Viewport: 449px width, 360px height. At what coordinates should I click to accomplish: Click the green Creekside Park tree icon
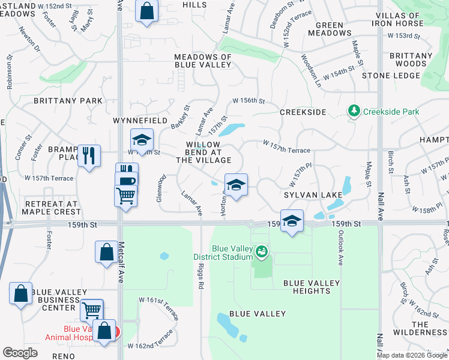pyautogui.click(x=354, y=112)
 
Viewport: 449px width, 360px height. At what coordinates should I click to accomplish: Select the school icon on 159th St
pyautogui.click(x=292, y=221)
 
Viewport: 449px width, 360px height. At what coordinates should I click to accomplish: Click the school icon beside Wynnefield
pyautogui.click(x=142, y=140)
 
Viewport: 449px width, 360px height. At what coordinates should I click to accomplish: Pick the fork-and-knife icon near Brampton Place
pyautogui.click(x=89, y=155)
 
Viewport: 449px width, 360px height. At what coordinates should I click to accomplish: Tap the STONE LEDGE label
pyautogui.click(x=391, y=76)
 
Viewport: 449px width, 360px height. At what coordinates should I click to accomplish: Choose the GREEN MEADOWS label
pyautogui.click(x=330, y=29)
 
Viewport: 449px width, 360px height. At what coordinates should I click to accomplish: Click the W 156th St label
pyautogui.click(x=249, y=101)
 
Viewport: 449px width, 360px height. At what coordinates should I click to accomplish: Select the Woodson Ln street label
pyautogui.click(x=312, y=70)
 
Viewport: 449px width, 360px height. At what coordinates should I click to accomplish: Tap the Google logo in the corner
pyautogui.click(x=20, y=353)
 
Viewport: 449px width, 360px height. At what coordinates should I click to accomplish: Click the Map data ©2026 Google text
pyautogui.click(x=411, y=355)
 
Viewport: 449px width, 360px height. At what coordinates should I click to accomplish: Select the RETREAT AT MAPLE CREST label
pyautogui.click(x=51, y=208)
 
